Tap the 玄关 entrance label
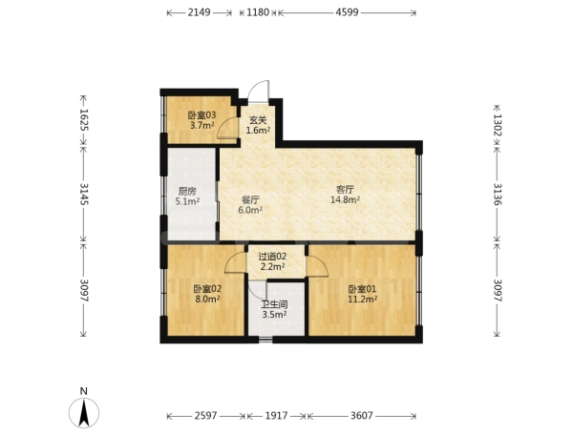coord(258,120)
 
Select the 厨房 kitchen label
coord(187,191)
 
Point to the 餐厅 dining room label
coord(250,200)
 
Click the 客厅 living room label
coord(346,190)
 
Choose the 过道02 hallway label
coord(272,257)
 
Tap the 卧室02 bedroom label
coord(207,289)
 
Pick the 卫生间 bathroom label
coord(274,304)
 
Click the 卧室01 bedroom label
coord(362,289)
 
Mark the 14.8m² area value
coord(346,199)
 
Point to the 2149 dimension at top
coord(200,12)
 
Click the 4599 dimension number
coord(348,12)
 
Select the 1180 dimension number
coord(258,12)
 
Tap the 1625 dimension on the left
coord(84,119)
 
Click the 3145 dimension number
coord(84,194)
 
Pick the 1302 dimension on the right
coord(498,124)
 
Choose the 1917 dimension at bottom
coord(276,415)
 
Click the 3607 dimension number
coord(361,415)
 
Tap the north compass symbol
coord(84,413)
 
